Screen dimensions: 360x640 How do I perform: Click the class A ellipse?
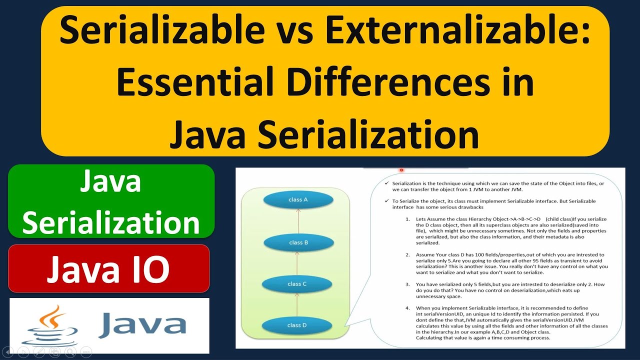[x=298, y=200]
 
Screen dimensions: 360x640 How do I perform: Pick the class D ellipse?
[x=297, y=325]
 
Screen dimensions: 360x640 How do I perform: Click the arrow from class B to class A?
[x=298, y=221]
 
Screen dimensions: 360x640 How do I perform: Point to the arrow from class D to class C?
[x=297, y=305]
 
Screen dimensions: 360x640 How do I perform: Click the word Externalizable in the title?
[x=456, y=31]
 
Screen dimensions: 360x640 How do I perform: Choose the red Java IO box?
[x=108, y=268]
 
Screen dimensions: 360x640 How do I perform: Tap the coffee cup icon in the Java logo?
[x=51, y=325]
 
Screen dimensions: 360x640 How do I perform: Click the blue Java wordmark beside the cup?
[x=142, y=325]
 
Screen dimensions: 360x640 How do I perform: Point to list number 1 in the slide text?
[x=407, y=219]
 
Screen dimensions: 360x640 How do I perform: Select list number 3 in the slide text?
[x=407, y=284]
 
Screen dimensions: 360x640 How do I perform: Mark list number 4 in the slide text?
[x=407, y=307]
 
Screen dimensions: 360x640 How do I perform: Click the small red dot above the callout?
[x=401, y=170]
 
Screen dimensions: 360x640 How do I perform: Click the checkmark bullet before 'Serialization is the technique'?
[x=386, y=183]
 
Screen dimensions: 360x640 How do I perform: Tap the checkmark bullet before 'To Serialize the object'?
[x=386, y=201]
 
